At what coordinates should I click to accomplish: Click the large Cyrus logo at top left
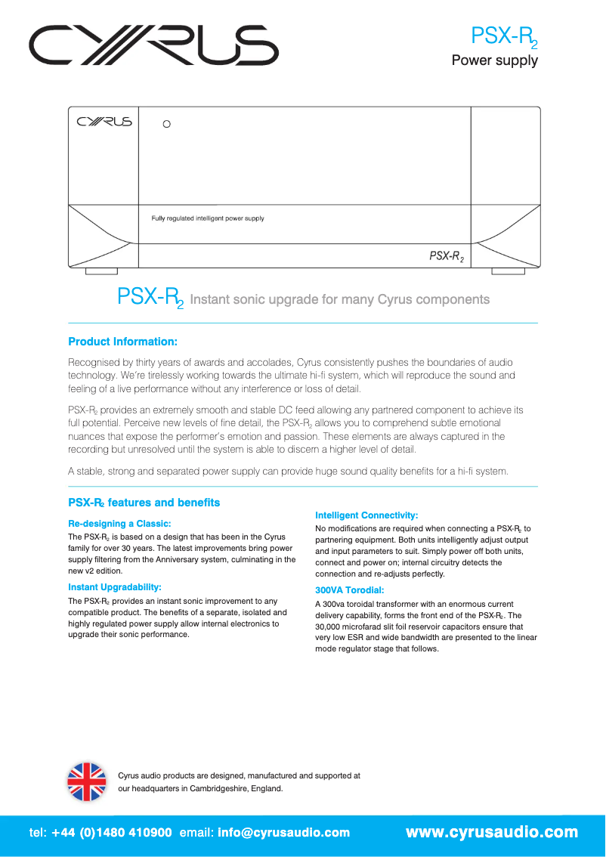154,46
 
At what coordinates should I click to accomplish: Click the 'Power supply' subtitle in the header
494,60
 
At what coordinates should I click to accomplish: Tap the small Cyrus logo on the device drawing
104,122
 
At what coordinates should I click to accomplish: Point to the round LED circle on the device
167,123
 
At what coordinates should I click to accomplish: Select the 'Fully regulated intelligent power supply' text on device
208,218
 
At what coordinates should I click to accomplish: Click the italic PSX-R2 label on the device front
447,257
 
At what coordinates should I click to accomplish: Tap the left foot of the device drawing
100,271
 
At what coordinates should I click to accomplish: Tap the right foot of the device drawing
508,271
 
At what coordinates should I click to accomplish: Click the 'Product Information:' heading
122,342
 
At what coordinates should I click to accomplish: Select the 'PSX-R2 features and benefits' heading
144,503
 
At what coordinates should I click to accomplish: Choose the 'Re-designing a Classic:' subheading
119,523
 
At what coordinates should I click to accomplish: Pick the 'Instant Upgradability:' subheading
115,586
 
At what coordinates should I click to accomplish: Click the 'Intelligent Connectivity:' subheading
366,515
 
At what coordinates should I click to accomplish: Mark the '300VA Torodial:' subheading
350,590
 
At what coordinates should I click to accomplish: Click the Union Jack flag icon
87,781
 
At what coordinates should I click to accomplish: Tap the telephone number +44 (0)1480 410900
112,833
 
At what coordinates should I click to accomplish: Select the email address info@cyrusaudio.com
283,833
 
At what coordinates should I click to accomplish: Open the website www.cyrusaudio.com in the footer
492,833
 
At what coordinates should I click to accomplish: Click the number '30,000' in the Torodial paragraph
329,627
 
